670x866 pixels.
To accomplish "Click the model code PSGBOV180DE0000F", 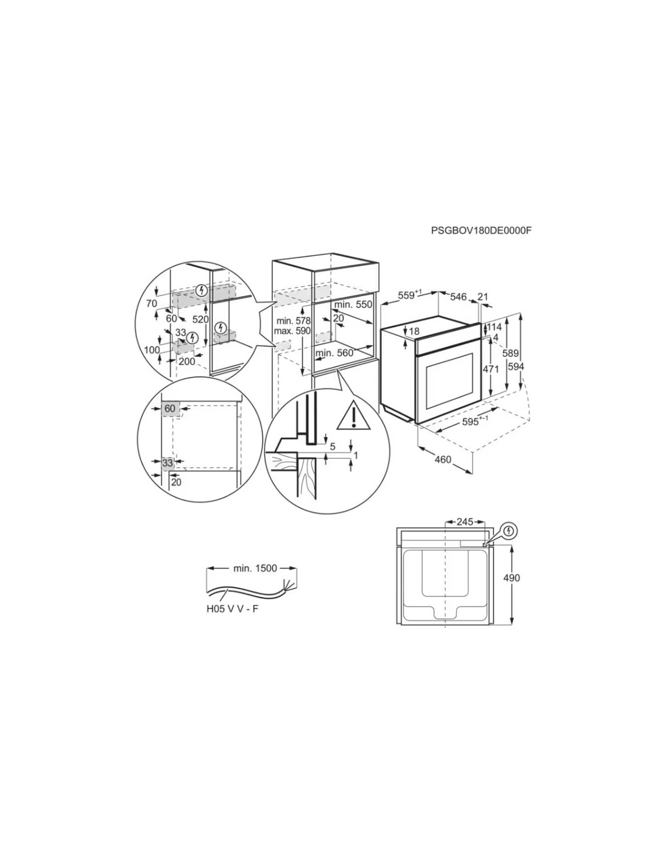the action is click(481, 231).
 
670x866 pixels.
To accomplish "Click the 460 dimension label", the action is click(442, 460).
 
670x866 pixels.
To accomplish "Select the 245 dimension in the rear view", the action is click(465, 522).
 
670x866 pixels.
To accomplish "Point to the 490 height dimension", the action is click(512, 577).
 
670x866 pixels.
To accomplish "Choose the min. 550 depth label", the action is click(353, 305).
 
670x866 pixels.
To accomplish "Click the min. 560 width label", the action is click(334, 353).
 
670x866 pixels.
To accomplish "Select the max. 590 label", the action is click(292, 331).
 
